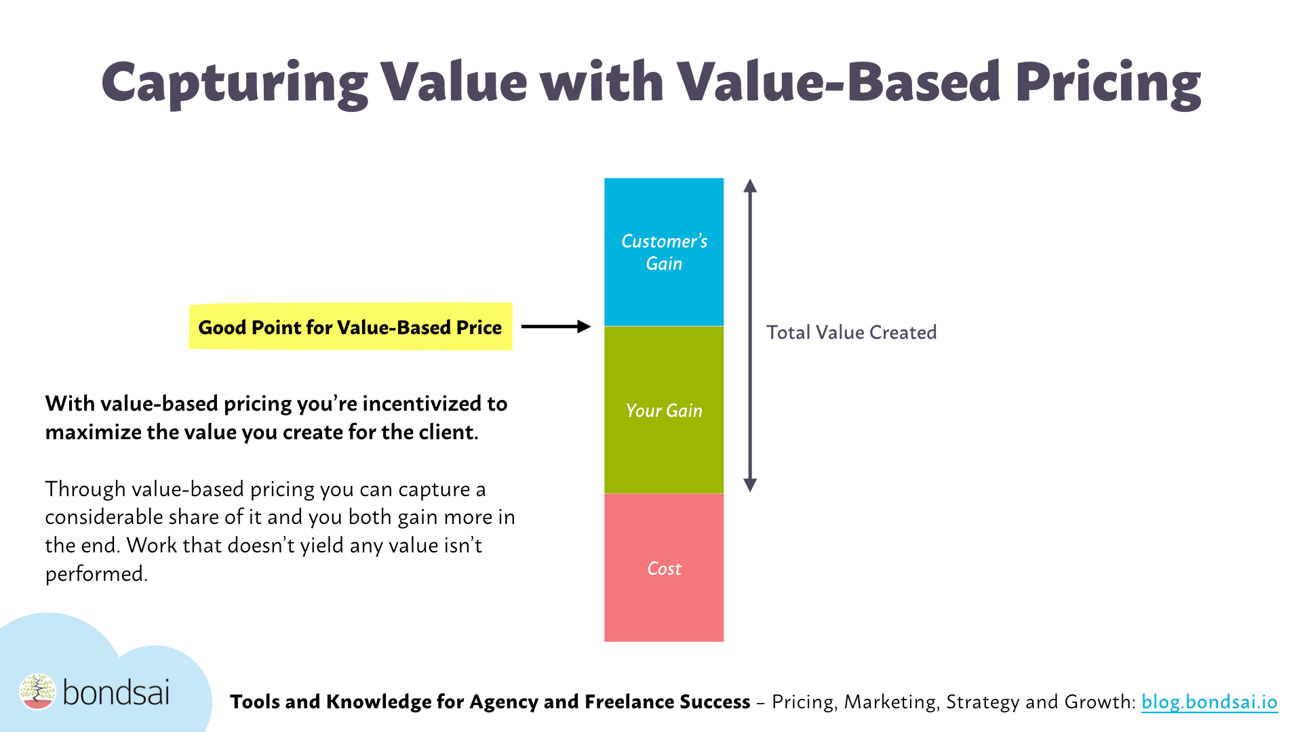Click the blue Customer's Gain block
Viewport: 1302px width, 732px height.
[664, 252]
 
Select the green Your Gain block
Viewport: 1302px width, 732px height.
[664, 410]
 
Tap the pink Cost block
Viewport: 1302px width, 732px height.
[664, 568]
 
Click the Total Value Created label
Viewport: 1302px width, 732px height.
[851, 332]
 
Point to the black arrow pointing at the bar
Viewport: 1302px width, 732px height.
[555, 327]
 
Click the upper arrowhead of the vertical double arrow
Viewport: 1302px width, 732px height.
[749, 186]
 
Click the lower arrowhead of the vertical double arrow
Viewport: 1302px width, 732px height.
[749, 485]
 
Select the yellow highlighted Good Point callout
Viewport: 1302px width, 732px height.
[350, 327]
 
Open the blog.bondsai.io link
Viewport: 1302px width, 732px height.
[1209, 701]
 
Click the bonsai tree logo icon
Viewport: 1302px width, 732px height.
[37, 691]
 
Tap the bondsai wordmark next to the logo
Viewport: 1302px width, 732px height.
[116, 693]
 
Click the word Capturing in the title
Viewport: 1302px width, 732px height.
[234, 83]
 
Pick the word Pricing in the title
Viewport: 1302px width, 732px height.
[1107, 83]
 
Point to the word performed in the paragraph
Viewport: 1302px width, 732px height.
[96, 574]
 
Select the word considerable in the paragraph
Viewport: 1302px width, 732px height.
[104, 517]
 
